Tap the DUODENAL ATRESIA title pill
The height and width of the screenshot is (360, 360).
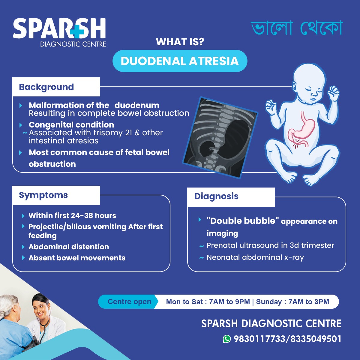point(180,61)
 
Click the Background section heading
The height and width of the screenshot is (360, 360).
point(46,87)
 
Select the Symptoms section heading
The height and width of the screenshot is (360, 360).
point(43,195)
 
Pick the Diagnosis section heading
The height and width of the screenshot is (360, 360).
point(217,196)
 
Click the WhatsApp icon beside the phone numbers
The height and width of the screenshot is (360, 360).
point(227,339)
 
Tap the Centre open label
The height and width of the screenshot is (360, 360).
point(129,301)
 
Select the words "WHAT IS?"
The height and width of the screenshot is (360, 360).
point(180,42)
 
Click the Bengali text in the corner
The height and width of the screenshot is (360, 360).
point(296,28)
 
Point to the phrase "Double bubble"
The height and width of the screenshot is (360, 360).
point(241,221)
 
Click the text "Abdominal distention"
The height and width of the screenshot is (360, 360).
point(69,247)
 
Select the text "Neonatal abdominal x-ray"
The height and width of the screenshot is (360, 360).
point(255,257)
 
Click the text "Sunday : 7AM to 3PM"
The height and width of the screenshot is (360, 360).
point(292,302)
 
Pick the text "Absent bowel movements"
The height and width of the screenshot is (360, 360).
point(77,258)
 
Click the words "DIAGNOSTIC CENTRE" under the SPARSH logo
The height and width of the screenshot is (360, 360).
point(73,44)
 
